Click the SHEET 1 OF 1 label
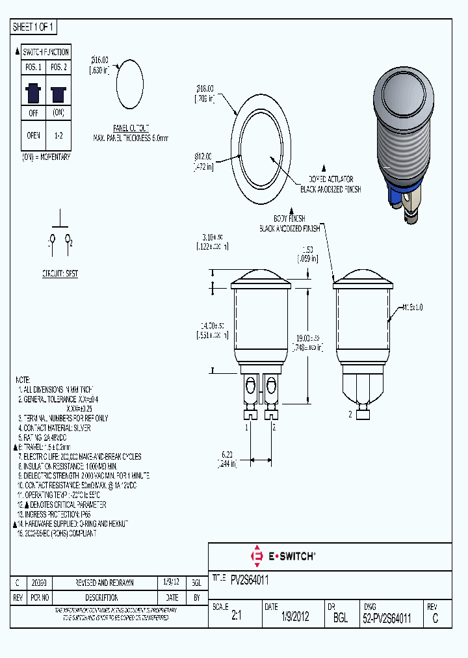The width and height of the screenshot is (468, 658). (34, 27)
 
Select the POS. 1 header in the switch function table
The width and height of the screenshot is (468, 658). (32, 68)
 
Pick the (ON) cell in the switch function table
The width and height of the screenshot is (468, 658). (58, 112)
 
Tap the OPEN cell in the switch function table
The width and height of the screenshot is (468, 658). (32, 135)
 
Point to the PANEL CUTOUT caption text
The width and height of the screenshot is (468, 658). (130, 128)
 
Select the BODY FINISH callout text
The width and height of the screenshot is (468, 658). (289, 219)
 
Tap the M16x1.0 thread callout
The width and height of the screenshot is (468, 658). (412, 307)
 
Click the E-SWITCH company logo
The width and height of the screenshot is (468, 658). (283, 556)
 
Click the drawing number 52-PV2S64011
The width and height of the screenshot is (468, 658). (387, 619)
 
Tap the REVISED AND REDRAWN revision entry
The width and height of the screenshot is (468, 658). (105, 583)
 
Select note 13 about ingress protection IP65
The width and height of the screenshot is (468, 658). (58, 514)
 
